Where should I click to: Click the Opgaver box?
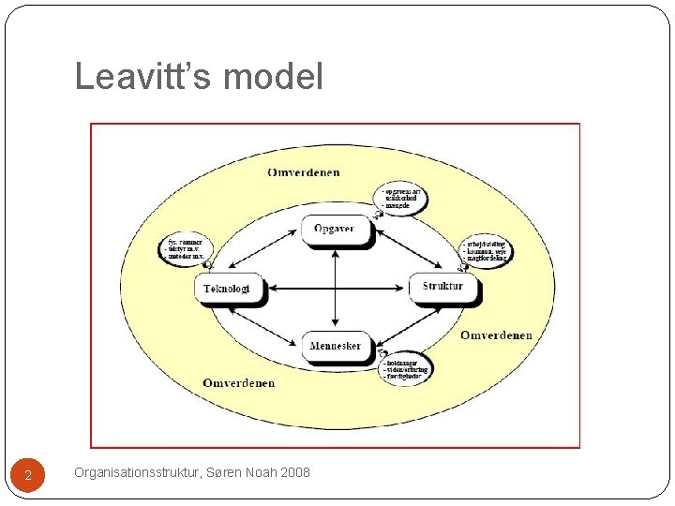coord(335,230)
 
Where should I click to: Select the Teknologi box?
coord(227,289)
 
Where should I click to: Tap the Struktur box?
coord(442,286)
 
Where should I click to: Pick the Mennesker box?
coord(335,346)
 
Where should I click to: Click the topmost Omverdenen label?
coord(304,172)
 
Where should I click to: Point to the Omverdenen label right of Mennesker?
coord(496,335)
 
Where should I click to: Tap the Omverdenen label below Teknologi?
coord(239,382)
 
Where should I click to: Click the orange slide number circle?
coord(28,475)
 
